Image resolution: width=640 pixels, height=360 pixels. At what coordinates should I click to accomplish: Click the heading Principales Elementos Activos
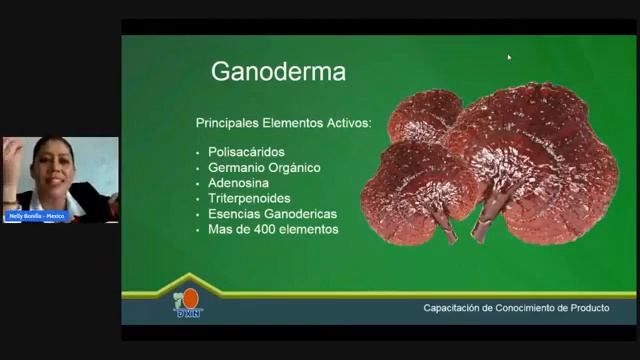(x=283, y=123)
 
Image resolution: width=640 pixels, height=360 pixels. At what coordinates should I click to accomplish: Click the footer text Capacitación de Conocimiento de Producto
(x=516, y=308)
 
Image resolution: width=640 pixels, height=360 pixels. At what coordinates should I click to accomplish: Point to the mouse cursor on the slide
(x=509, y=57)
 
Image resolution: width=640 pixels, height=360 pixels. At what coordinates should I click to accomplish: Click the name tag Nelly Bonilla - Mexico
(x=35, y=216)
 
